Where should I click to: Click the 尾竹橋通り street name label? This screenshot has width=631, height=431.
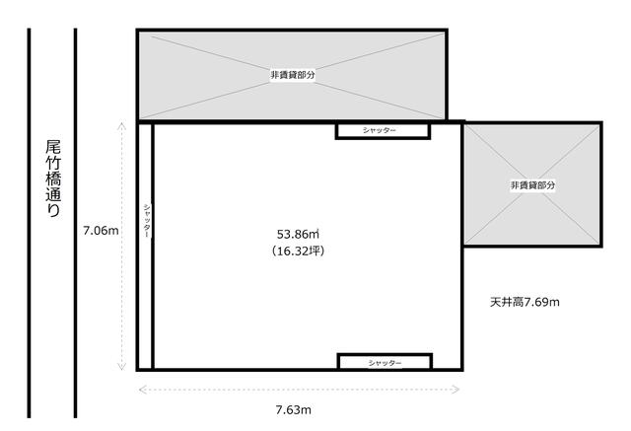pos(53,180)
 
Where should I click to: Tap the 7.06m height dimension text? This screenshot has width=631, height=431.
pos(101,231)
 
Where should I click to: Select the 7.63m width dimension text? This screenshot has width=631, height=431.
pos(294,410)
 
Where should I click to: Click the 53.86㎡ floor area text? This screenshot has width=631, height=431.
pos(298,234)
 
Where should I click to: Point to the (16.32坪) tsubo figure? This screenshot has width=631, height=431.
pos(298,251)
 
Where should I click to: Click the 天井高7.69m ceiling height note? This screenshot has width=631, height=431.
pos(525,302)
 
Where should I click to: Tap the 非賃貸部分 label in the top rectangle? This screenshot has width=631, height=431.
pos(293,75)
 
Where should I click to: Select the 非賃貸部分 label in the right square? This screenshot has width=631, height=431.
pos(532,185)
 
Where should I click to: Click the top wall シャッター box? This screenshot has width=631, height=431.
pos(383,131)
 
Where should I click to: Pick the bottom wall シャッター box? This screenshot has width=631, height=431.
pos(385,362)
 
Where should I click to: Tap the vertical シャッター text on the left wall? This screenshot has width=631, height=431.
pos(147,221)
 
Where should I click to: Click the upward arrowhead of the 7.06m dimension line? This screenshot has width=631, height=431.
pos(121,126)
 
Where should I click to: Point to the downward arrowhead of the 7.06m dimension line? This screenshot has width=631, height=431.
pos(121,367)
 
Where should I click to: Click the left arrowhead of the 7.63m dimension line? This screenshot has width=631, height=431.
pos(142,390)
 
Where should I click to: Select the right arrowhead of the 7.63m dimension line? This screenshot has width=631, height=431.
pos(456,390)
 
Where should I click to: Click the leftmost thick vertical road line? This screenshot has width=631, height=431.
pos(29,223)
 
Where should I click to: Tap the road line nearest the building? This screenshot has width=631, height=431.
pos(75,223)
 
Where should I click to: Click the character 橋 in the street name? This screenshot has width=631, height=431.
pos(53,179)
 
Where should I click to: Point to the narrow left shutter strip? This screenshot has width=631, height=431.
pos(146,246)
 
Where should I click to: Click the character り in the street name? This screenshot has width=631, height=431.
pos(53,210)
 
